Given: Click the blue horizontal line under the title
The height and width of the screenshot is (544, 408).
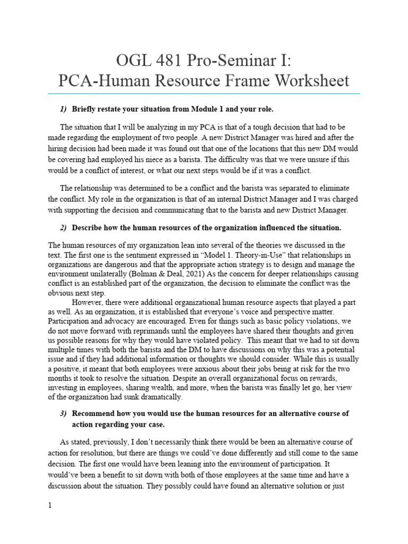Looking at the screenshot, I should (x=203, y=94).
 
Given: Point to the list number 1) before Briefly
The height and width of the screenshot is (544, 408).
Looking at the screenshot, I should (x=63, y=109).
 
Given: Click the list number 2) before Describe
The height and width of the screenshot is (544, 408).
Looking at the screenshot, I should (x=63, y=228).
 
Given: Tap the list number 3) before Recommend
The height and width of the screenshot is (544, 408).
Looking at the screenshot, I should (x=63, y=413).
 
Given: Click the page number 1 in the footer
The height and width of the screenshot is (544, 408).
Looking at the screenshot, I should (x=50, y=506).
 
